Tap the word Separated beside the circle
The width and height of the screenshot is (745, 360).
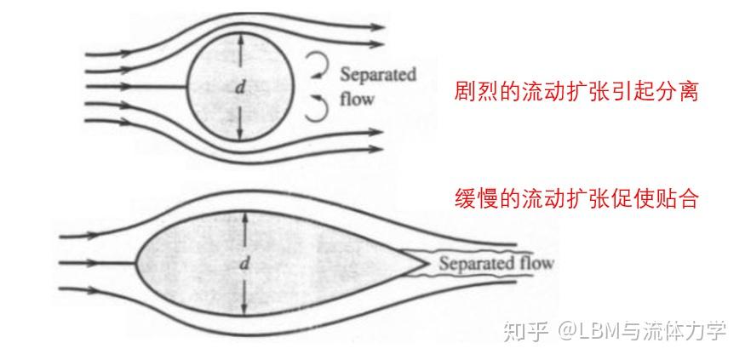(378, 75)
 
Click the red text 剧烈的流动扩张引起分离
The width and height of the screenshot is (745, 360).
(576, 91)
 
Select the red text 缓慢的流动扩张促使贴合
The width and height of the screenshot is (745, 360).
(576, 200)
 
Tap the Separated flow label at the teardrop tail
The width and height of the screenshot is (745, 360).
(496, 263)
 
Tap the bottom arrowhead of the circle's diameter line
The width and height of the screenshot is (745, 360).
(240, 138)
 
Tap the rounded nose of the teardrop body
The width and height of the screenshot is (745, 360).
(137, 262)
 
